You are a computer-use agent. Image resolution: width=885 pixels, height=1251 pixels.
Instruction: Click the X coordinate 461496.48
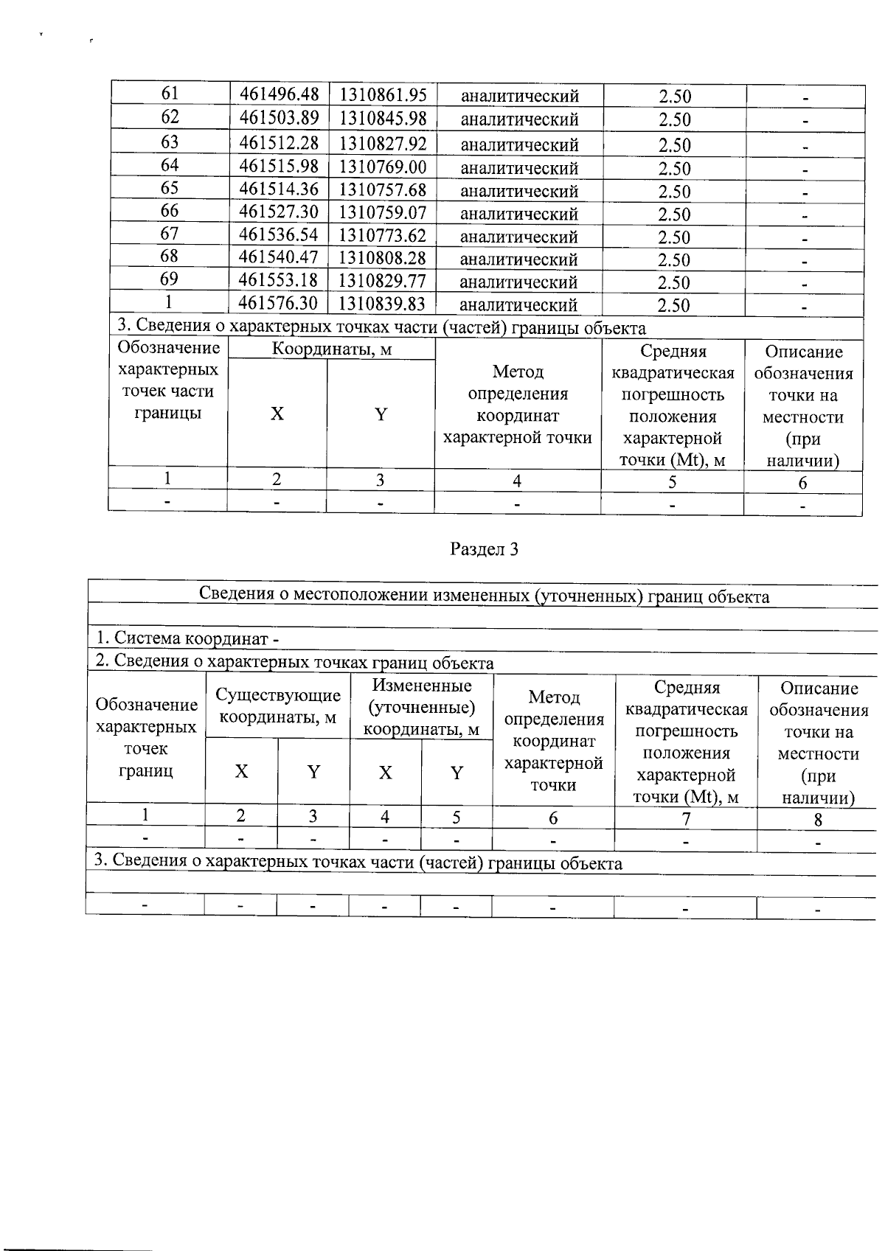(x=280, y=94)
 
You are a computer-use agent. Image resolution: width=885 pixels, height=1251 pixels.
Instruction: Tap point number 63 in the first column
(x=170, y=142)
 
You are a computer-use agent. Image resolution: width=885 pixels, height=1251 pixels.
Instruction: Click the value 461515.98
(x=280, y=167)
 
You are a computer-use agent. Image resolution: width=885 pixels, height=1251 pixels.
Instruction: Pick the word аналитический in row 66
(x=519, y=214)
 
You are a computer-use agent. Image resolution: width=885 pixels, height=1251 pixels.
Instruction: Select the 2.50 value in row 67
(x=674, y=237)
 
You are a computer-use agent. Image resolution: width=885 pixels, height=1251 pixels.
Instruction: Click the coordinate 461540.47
(x=280, y=258)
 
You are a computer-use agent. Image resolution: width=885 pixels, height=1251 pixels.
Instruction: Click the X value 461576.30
(x=280, y=304)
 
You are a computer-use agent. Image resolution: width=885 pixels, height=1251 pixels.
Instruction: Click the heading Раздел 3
(x=485, y=549)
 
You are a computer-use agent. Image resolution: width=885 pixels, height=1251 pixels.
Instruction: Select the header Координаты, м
(x=331, y=349)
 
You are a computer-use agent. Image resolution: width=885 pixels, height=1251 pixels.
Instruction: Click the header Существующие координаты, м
(x=278, y=706)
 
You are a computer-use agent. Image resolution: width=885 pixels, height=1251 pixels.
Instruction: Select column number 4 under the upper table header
(x=517, y=481)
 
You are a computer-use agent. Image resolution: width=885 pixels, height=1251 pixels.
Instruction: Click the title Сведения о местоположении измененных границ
(x=485, y=596)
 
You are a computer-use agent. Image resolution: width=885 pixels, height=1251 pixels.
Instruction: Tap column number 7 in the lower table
(x=686, y=819)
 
